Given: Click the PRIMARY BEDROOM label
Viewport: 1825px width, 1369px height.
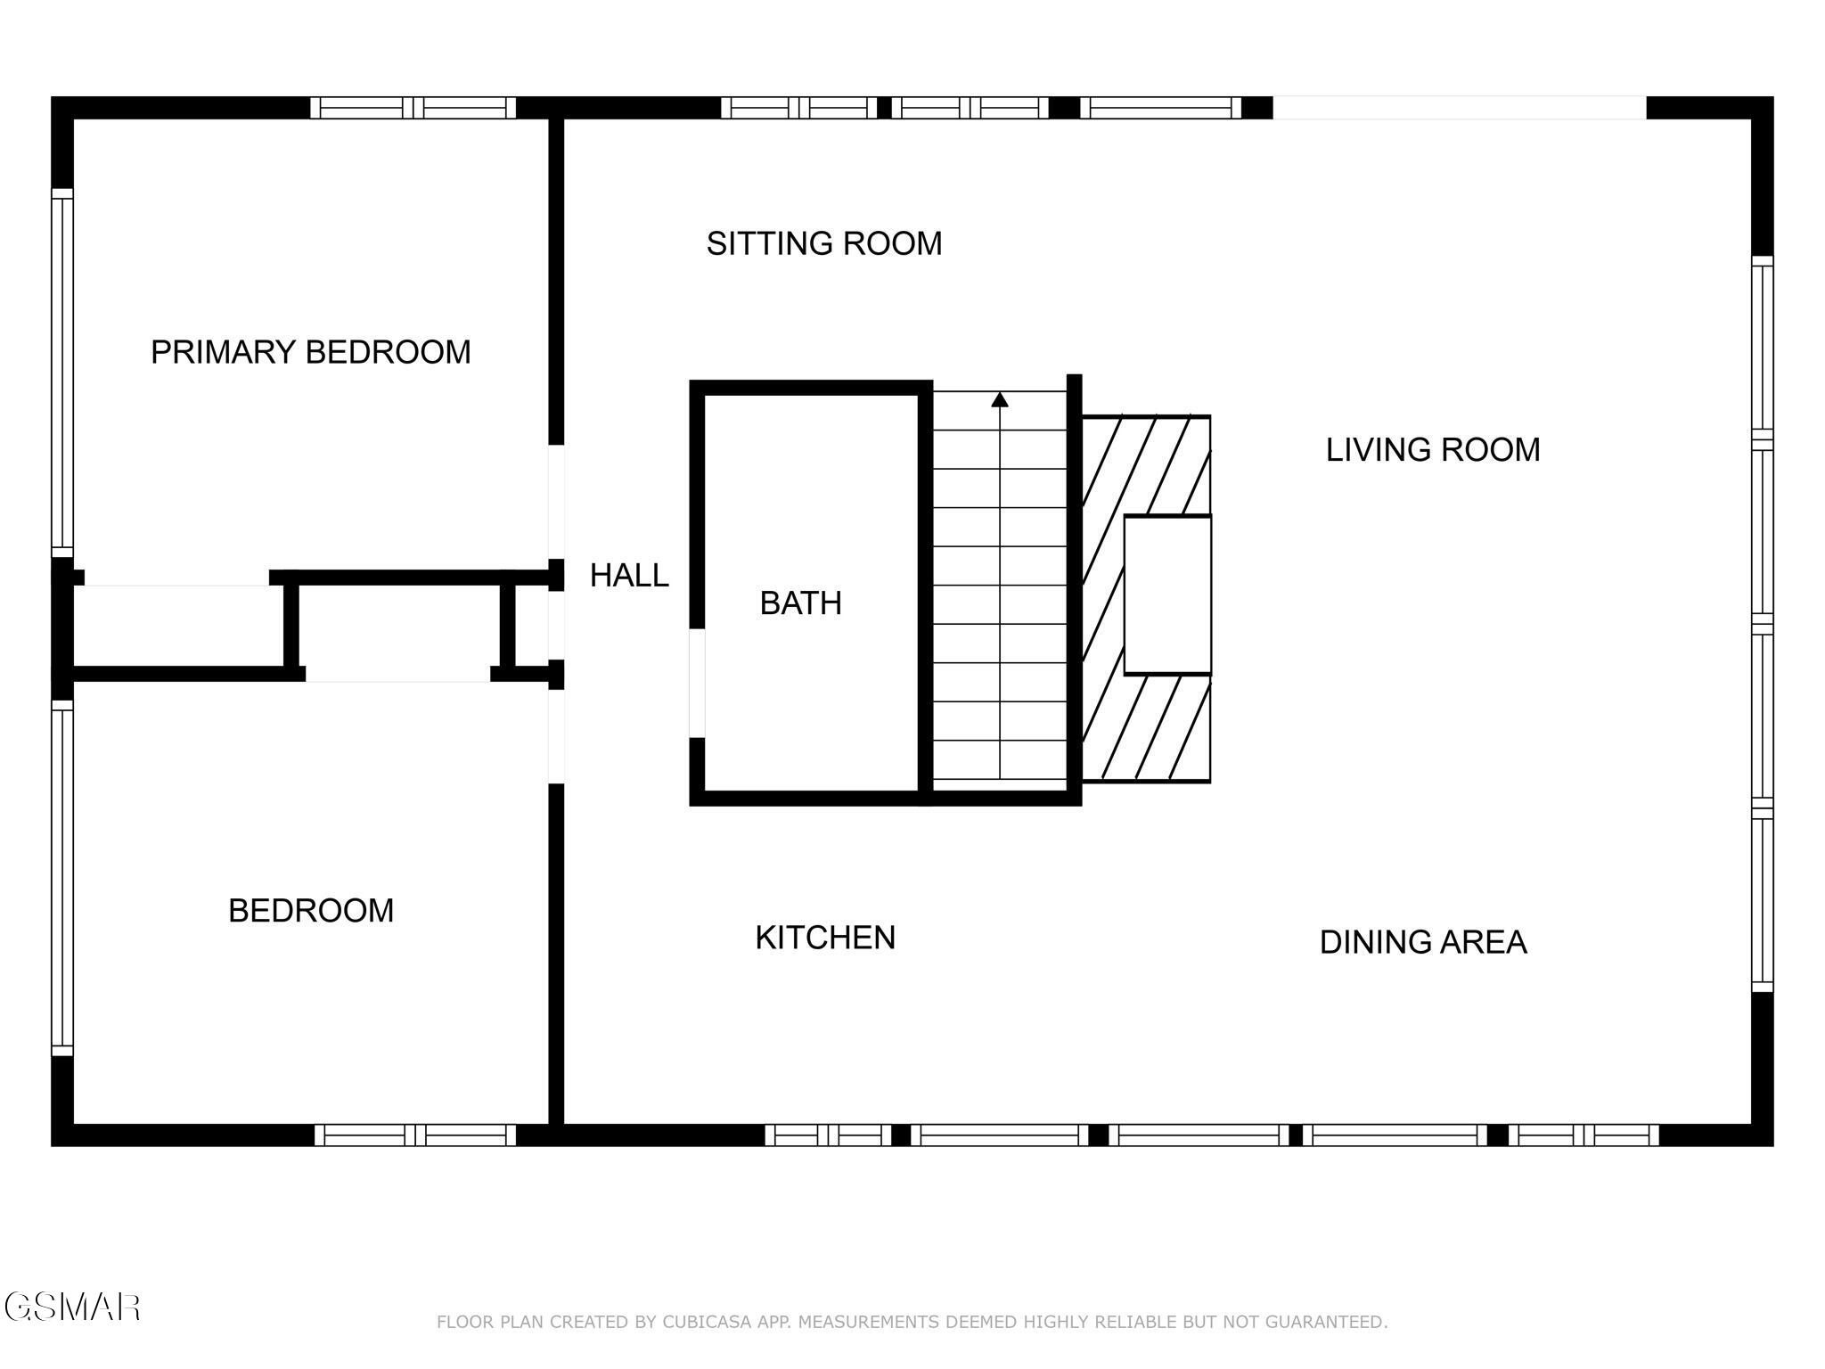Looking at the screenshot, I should [x=310, y=352].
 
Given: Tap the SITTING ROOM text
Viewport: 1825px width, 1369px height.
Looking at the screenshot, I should [x=823, y=243].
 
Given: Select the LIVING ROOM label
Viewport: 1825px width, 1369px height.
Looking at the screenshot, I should [x=1432, y=449].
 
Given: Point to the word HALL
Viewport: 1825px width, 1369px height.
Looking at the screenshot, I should [x=629, y=576].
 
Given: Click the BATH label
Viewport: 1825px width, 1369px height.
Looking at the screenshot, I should [x=800, y=603].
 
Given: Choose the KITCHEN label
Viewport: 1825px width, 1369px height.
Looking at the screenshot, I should [x=824, y=938].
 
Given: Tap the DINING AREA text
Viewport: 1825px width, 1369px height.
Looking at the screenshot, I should [x=1422, y=942].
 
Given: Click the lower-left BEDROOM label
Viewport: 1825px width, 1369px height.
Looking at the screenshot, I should [x=310, y=911].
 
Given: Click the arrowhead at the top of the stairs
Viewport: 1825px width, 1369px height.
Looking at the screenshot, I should [x=1000, y=400].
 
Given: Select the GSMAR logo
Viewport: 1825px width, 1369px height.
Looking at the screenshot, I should [x=71, y=1307].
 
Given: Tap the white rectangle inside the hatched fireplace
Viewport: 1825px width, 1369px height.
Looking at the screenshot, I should [x=1167, y=594].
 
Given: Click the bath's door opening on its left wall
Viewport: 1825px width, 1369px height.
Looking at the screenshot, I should [x=698, y=683].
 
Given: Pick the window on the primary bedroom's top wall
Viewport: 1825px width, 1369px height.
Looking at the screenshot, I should [x=413, y=108].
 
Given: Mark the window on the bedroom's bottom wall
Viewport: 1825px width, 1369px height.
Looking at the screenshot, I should [x=414, y=1135].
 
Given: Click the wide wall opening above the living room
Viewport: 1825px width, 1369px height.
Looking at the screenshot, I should [x=1459, y=108].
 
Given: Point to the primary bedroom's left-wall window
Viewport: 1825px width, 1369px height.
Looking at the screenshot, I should [x=61, y=372].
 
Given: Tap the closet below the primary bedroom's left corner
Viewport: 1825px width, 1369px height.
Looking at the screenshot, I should [x=178, y=625].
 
